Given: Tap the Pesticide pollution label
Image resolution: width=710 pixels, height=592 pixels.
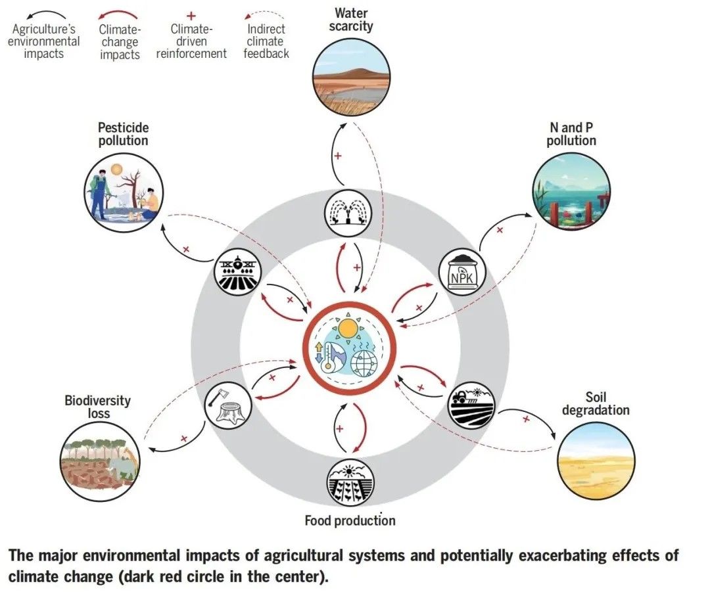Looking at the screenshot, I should click(x=124, y=133).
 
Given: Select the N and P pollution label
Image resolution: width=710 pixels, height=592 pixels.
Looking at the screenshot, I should click(x=571, y=133).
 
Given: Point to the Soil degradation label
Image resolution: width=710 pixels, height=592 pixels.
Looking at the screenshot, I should click(x=596, y=403).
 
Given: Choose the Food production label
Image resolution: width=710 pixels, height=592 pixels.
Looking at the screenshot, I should click(x=350, y=521).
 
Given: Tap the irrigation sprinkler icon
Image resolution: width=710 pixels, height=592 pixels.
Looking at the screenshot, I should click(x=348, y=212).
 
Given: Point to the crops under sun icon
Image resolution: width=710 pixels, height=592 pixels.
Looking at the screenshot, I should click(x=350, y=483).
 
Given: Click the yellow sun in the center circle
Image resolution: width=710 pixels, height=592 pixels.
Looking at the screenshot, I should click(x=348, y=327).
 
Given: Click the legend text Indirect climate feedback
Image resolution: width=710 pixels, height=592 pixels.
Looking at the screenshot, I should click(x=266, y=41).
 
